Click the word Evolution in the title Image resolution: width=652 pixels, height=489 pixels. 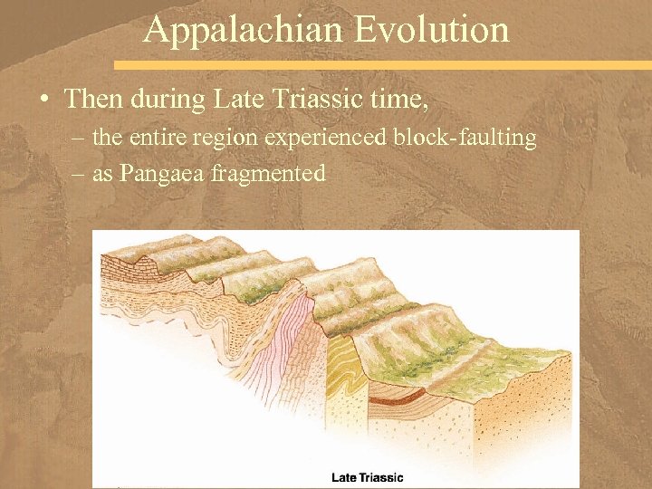[x=432, y=29]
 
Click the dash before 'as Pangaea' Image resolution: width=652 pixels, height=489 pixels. [x=76, y=174]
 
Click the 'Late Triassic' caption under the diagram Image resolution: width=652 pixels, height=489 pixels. [x=367, y=477]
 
